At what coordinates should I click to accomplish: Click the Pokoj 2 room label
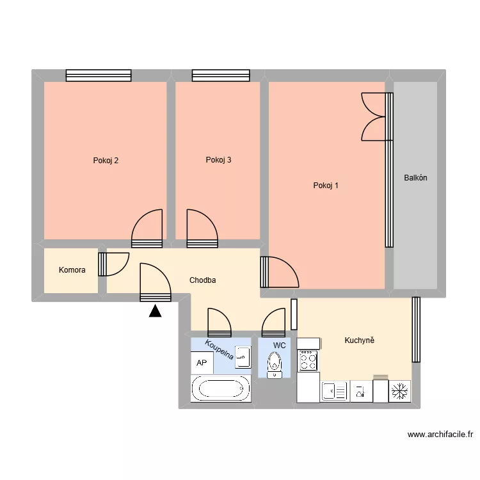coord(106,161)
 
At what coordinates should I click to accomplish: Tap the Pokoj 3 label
coord(218,160)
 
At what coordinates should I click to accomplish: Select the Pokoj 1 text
coord(326,186)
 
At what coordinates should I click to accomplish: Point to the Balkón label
coord(415,178)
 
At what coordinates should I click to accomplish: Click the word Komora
coord(72,270)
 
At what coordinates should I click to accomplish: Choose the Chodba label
coord(202,280)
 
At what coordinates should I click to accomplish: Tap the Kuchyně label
coord(358,340)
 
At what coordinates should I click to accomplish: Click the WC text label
coord(279,346)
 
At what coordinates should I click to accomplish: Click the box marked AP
coord(202,363)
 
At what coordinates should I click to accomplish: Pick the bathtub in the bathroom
coord(220,388)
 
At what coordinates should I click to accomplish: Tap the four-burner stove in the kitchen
coord(308,361)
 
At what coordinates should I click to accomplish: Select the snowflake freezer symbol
coord(400,390)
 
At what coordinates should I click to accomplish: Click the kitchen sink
coord(335,390)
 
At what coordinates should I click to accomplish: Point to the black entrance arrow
coord(154,312)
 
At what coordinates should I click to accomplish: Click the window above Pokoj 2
coord(99,76)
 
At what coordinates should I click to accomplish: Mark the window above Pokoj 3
coord(218,76)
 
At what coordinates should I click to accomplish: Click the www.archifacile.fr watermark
coord(440,435)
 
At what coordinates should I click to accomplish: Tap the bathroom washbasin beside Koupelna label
coord(243,357)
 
